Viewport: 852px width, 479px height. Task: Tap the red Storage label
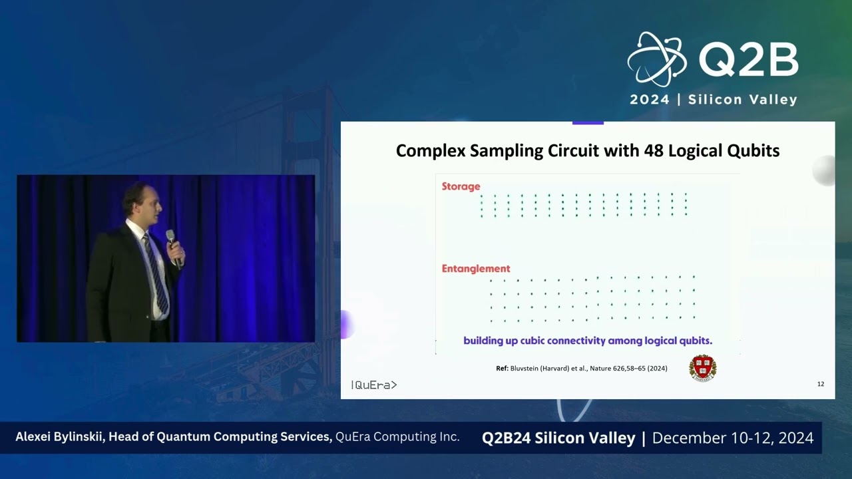point(461,187)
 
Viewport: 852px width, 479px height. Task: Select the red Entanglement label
point(476,269)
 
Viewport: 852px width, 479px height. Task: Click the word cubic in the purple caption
point(546,341)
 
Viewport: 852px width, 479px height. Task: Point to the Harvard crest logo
point(702,368)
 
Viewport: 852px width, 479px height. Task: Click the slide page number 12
point(820,384)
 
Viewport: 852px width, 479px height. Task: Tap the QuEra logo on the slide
point(373,385)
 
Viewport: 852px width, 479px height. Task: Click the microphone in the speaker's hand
point(172,245)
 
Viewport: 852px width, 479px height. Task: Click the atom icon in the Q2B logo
point(656,59)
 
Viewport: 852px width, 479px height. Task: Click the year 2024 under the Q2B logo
point(649,100)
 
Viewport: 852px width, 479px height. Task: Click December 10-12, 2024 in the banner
point(733,438)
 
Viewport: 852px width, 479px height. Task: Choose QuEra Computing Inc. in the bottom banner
point(397,437)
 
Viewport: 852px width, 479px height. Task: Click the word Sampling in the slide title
point(507,151)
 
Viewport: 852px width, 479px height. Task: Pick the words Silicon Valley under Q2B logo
point(742,100)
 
